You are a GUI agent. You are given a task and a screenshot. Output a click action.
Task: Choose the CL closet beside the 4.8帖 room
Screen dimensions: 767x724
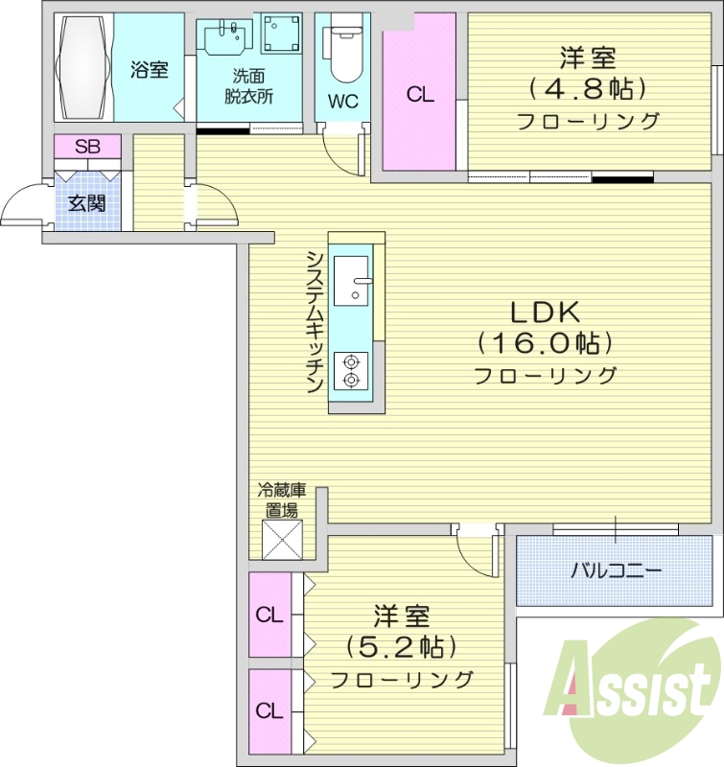coord(419,95)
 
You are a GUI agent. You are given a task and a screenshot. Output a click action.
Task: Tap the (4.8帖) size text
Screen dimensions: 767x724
coord(588,89)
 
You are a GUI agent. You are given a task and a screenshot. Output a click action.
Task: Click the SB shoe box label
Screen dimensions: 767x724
coord(87,147)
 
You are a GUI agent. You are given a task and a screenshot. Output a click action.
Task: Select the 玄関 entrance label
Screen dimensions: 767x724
coord(87,202)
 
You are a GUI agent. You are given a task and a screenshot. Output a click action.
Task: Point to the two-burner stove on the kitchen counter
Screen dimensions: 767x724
coord(351,371)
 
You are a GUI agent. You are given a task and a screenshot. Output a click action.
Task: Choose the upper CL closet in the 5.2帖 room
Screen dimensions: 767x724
coord(269,615)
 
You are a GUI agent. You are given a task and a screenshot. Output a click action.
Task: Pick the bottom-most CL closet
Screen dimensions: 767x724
coord(269,711)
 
